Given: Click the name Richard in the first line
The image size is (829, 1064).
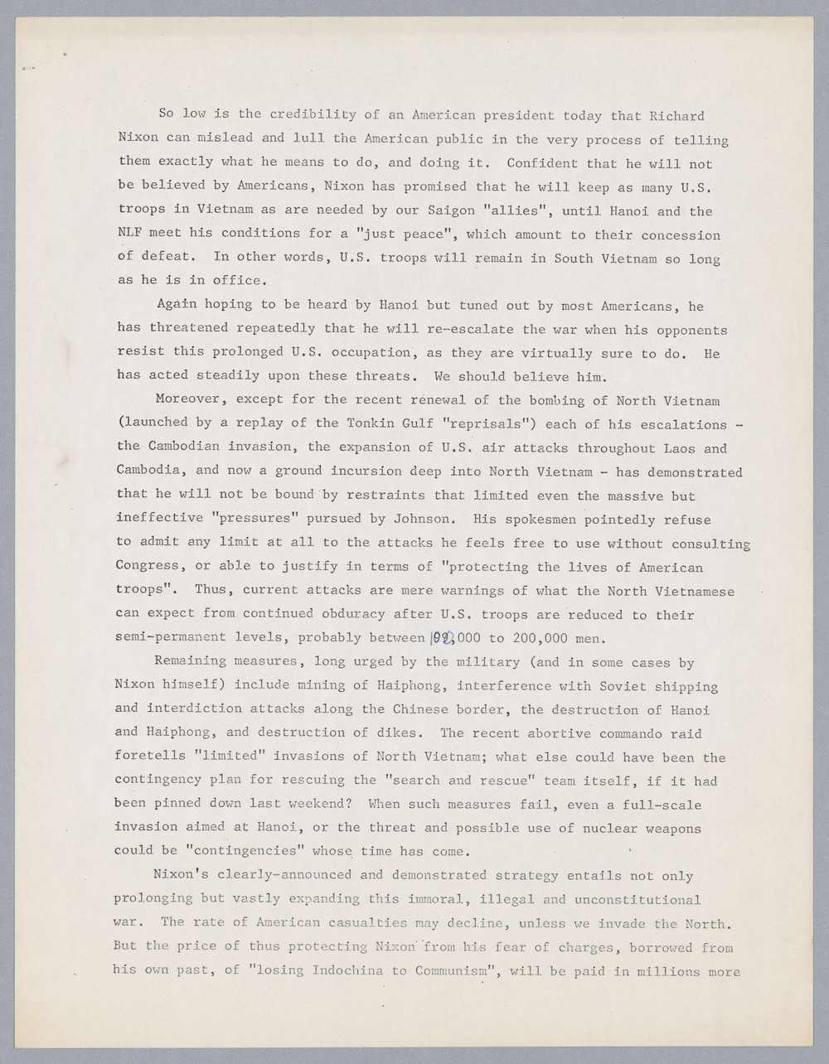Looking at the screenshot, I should [677, 116].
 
